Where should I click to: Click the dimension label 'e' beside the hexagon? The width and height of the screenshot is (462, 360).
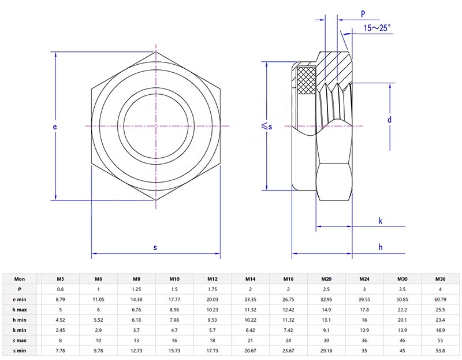[x=55, y=126]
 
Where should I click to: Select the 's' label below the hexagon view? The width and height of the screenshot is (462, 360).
[x=155, y=247]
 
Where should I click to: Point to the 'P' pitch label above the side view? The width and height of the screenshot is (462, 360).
[x=363, y=13]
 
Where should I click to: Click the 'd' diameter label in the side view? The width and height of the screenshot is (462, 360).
[x=390, y=120]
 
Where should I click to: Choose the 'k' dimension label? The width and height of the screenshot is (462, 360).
[x=380, y=221]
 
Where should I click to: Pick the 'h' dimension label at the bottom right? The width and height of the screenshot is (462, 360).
[x=380, y=247]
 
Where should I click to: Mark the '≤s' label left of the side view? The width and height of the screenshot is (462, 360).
[x=266, y=125]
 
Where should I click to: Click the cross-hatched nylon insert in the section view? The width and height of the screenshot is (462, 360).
[x=305, y=80]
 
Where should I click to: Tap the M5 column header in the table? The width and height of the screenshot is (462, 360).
[x=61, y=279]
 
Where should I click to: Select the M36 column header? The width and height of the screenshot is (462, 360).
[x=440, y=279]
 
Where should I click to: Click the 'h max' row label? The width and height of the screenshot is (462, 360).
[x=20, y=310]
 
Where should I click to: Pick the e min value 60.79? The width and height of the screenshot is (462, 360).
[x=440, y=299]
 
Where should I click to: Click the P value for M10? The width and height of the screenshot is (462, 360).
[x=174, y=289]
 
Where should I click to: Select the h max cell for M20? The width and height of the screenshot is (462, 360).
[x=326, y=310]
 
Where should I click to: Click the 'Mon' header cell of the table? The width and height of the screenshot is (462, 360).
[x=20, y=279]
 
